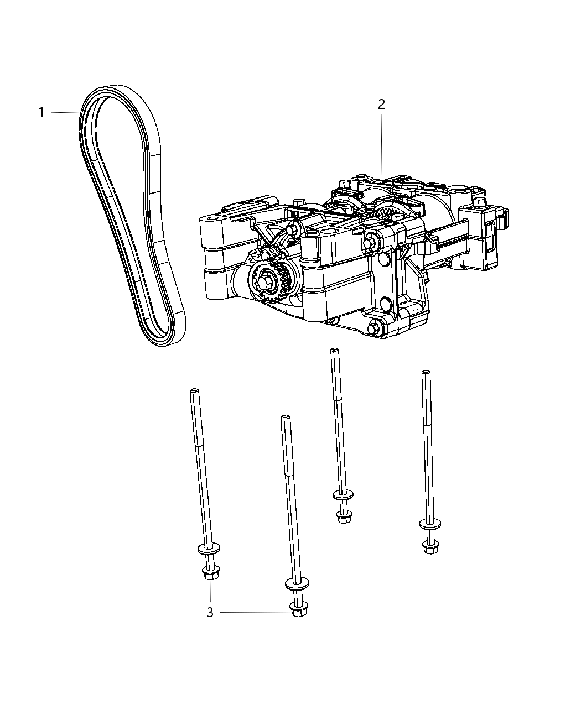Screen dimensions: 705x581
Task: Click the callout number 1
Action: tap(41, 112)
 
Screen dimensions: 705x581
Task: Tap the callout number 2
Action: tap(382, 104)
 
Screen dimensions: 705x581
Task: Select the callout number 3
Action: tap(210, 613)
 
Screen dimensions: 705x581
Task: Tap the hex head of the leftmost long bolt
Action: tap(209, 575)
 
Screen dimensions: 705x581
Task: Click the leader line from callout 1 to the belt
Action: tap(65, 112)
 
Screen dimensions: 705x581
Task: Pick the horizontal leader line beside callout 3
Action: tap(255, 612)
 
